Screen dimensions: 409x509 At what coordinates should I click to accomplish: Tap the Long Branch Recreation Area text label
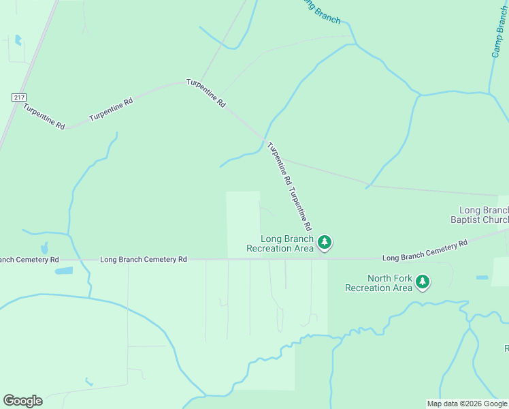click(288, 243)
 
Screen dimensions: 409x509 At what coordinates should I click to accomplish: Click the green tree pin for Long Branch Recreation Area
click(325, 242)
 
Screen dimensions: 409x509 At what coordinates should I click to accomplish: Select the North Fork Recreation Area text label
click(379, 283)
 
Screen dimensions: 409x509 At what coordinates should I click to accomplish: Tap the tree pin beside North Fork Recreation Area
click(423, 282)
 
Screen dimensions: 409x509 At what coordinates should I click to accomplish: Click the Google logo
click(22, 401)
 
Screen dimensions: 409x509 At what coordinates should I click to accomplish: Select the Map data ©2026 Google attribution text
click(467, 404)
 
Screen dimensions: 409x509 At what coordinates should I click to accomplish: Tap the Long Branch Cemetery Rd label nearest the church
click(425, 250)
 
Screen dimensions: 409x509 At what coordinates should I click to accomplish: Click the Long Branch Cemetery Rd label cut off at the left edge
click(29, 260)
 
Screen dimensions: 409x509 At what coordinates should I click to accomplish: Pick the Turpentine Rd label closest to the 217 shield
click(44, 117)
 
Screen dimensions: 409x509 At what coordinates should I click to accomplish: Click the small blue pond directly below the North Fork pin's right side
click(482, 277)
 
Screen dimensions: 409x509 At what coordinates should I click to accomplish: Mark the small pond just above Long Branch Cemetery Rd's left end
click(44, 248)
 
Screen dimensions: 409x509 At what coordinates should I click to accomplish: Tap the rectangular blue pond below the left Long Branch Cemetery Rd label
click(64, 271)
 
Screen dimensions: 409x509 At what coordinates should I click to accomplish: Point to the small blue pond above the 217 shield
click(18, 40)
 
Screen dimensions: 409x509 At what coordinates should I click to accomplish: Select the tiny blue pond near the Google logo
click(88, 382)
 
